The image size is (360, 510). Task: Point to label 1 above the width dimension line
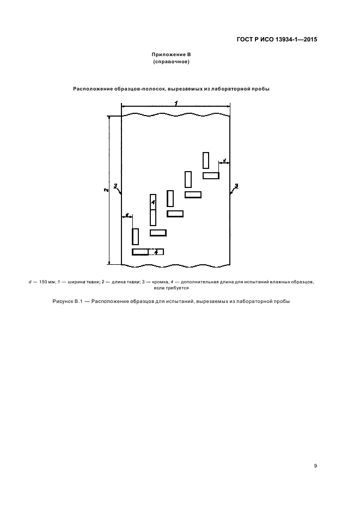point(175,103)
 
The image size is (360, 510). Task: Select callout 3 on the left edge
point(115,186)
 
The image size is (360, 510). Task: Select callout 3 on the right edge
point(235,186)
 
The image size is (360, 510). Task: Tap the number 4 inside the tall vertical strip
point(153,202)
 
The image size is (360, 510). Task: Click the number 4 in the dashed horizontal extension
point(156,252)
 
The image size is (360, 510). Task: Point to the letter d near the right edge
point(224,161)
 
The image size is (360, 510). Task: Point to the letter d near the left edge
point(126,216)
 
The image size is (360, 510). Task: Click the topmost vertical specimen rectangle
point(206,160)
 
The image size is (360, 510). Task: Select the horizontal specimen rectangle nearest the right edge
point(211,175)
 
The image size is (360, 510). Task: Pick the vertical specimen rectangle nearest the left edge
point(135,236)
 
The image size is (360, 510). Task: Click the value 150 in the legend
point(45,282)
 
